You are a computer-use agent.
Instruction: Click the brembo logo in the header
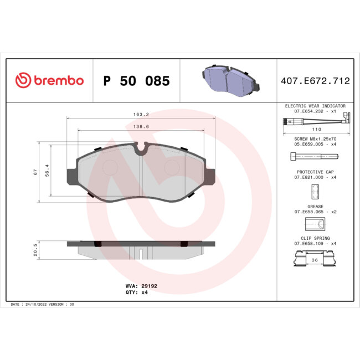pyautogui.click(x=49, y=81)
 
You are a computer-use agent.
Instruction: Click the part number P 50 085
pyautogui.click(x=136, y=81)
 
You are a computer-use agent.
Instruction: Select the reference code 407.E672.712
pyautogui.click(x=314, y=81)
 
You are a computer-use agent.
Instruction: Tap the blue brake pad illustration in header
pyautogui.click(x=230, y=80)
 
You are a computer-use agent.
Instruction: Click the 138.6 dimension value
pyautogui.click(x=142, y=127)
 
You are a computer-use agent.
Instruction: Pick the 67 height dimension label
pyautogui.click(x=34, y=172)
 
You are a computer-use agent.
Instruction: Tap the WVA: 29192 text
pyautogui.click(x=139, y=286)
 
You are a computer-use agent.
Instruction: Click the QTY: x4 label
pyautogui.click(x=137, y=292)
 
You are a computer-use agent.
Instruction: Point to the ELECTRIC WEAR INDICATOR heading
pyautogui.click(x=315, y=105)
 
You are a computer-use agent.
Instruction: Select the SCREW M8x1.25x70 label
pyautogui.click(x=315, y=138)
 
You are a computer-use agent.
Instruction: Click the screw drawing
pyautogui.click(x=313, y=157)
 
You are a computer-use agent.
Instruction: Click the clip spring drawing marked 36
pyautogui.click(x=315, y=258)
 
